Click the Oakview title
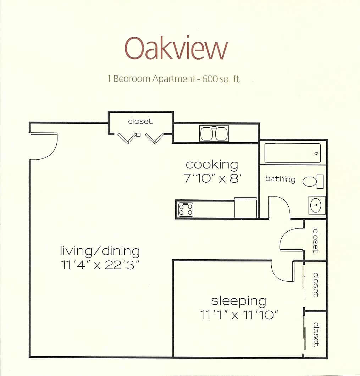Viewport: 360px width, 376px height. (x=176, y=49)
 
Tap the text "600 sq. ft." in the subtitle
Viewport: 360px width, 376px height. (x=221, y=79)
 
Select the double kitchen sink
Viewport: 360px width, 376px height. (x=214, y=133)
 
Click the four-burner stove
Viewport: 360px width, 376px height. (x=185, y=209)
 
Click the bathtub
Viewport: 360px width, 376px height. (x=292, y=153)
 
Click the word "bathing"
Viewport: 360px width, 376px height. (x=280, y=179)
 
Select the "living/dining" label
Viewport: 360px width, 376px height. (x=100, y=251)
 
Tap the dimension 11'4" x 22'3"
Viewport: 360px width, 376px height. (x=100, y=265)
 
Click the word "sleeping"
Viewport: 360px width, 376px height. (x=238, y=301)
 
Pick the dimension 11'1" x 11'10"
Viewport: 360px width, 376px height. (x=238, y=315)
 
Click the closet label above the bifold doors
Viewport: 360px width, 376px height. (x=140, y=121)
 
